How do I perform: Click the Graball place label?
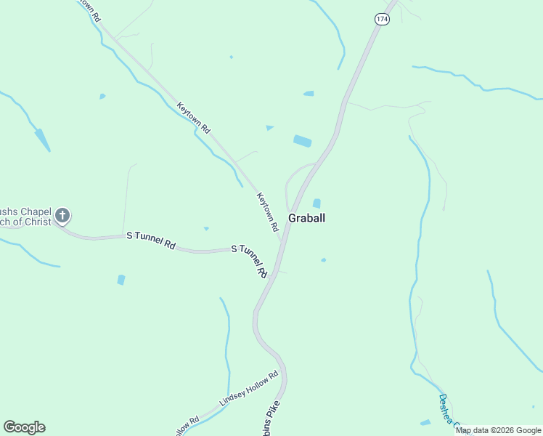click(x=306, y=217)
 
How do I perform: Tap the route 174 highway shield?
click(x=383, y=20)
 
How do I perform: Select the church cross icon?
click(x=63, y=214)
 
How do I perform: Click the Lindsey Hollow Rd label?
click(x=249, y=390)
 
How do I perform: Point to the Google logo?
click(x=24, y=427)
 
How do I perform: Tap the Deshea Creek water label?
click(x=448, y=412)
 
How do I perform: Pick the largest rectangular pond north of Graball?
click(x=302, y=140)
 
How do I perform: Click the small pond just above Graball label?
click(x=317, y=203)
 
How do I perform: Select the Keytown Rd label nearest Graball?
click(x=268, y=211)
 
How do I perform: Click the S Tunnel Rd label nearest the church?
click(x=151, y=241)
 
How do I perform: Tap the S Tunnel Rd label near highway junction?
click(x=250, y=260)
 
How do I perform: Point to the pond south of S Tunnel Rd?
click(x=121, y=280)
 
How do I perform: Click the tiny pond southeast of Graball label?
click(x=323, y=259)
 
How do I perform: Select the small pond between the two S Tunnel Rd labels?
click(x=206, y=229)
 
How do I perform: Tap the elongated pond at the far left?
click(x=42, y=140)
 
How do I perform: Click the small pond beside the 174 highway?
click(x=309, y=94)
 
